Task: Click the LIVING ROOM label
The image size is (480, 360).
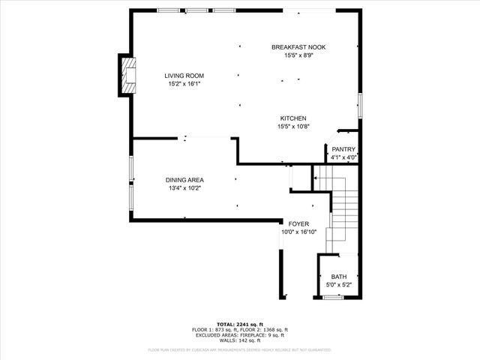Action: [x=184, y=76]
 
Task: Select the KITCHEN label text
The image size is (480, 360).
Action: [x=292, y=118]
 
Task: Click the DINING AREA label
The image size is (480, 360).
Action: [x=184, y=180]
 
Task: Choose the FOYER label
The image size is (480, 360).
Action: [x=298, y=223]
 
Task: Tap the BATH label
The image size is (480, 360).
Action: [x=339, y=277]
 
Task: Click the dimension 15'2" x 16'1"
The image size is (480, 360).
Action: [x=184, y=84]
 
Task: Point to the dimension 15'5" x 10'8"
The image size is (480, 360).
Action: [x=292, y=127]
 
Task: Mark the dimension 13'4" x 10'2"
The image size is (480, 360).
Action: [x=184, y=188]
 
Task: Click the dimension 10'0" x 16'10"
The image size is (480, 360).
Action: [x=298, y=232]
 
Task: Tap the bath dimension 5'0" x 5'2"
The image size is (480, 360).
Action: [x=339, y=285]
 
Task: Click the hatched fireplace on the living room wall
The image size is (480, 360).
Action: [x=128, y=75]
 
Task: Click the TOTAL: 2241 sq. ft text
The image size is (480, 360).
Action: [x=239, y=323]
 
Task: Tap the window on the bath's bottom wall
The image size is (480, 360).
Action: [x=333, y=297]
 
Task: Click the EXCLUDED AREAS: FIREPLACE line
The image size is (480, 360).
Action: [x=239, y=334]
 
